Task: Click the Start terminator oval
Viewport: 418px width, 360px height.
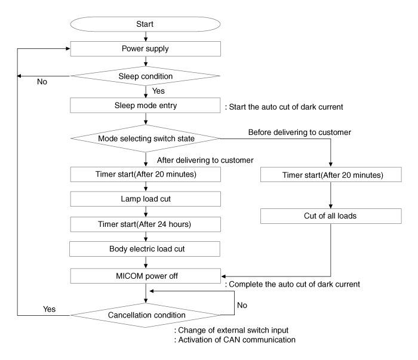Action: click(x=145, y=24)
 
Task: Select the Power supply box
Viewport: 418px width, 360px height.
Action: click(x=145, y=49)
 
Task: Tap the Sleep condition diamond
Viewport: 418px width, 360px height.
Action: click(x=145, y=76)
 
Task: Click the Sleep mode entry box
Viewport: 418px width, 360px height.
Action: click(x=145, y=105)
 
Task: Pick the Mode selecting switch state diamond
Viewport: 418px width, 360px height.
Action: click(x=145, y=139)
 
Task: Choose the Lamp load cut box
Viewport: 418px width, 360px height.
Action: click(x=145, y=199)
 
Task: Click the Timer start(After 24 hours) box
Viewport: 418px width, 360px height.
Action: click(x=145, y=224)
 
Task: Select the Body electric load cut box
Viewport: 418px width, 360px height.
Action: click(x=145, y=249)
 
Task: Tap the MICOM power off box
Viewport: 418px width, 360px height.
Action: click(x=145, y=276)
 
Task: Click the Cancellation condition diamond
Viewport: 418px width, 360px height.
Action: click(x=145, y=315)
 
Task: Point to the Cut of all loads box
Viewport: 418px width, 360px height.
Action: click(x=331, y=216)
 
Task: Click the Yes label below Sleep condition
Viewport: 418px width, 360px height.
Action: click(x=158, y=91)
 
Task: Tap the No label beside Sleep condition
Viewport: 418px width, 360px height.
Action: click(x=42, y=82)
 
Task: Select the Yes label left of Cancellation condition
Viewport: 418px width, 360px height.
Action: click(x=50, y=309)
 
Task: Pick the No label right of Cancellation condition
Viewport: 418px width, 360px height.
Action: click(x=242, y=305)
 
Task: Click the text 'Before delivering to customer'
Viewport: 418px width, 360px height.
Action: click(x=300, y=132)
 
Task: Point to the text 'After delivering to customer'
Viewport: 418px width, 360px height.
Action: click(x=205, y=160)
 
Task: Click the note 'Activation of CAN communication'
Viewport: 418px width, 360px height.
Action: click(x=235, y=340)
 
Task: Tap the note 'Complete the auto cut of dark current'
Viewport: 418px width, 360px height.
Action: click(x=293, y=284)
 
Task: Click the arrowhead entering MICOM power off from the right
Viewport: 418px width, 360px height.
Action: click(x=223, y=276)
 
